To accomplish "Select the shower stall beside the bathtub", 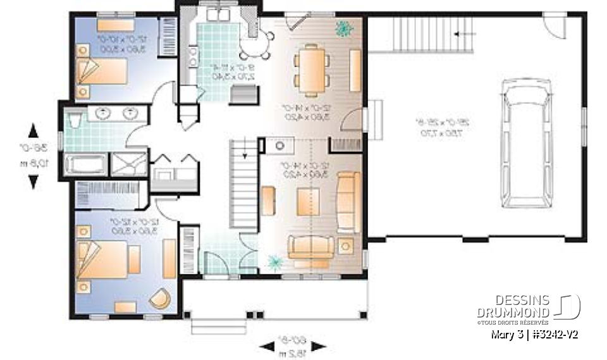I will pyautogui.click(x=130, y=164).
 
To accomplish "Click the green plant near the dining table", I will pyautogui.click(x=344, y=28).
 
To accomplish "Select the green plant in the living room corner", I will pyautogui.click(x=274, y=261).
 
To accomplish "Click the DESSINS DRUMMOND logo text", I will pyautogui.click(x=513, y=306).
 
